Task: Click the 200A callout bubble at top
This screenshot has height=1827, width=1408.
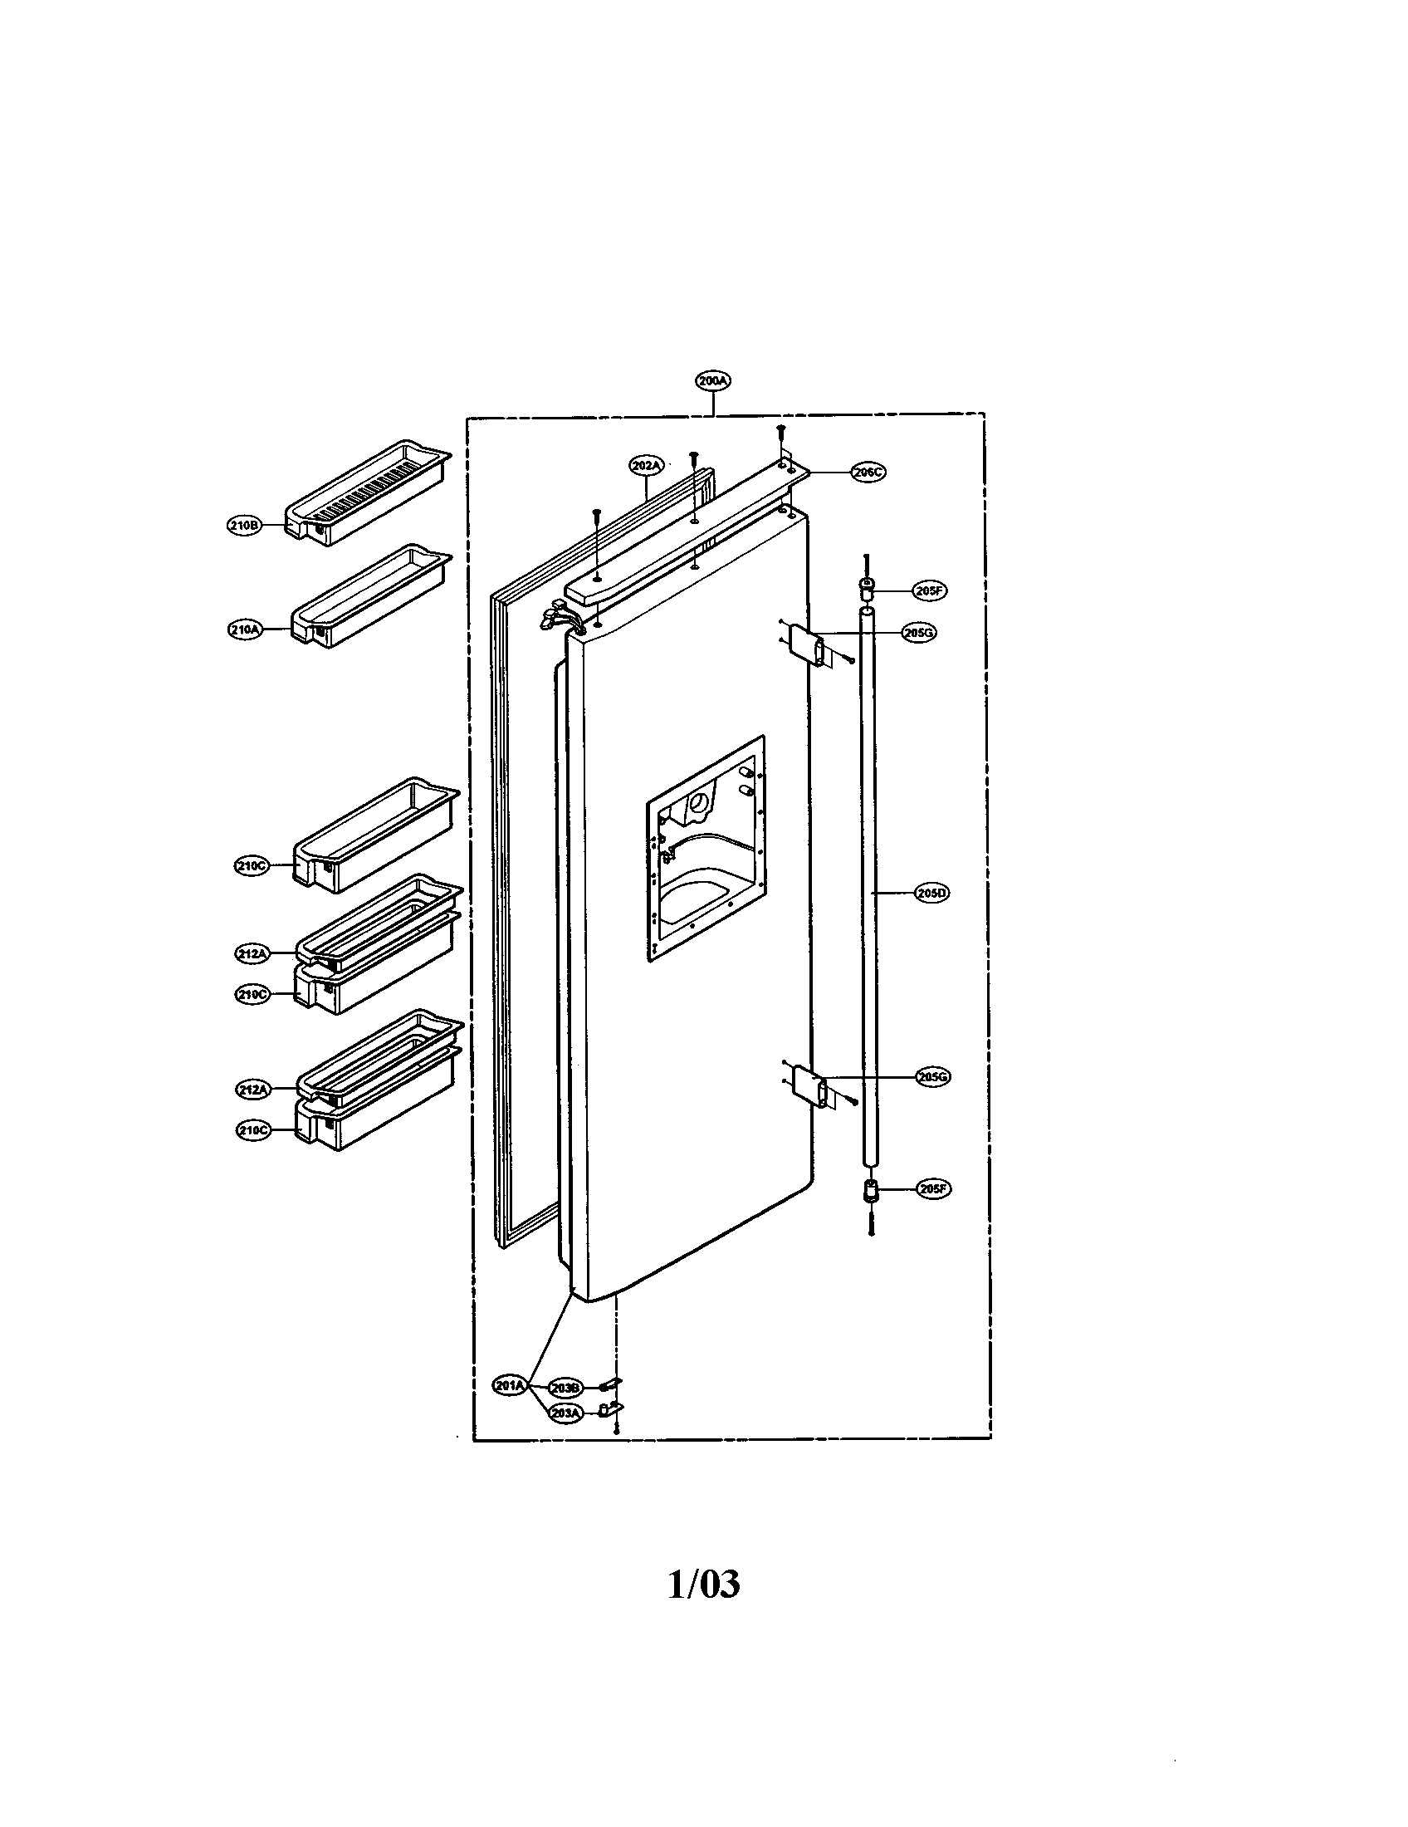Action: [712, 380]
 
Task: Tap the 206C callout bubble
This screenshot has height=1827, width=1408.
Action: [868, 472]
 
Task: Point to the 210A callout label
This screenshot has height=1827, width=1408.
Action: [244, 630]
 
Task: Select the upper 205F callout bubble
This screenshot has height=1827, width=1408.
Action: [930, 590]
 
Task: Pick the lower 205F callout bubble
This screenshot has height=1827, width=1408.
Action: [933, 1188]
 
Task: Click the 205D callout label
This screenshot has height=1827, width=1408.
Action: [932, 893]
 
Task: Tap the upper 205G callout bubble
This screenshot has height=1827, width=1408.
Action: [919, 634]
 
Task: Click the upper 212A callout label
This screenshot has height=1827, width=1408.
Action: [252, 952]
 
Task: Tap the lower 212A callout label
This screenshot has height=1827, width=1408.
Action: [252, 1090]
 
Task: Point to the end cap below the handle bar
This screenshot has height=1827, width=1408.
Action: [870, 1190]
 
